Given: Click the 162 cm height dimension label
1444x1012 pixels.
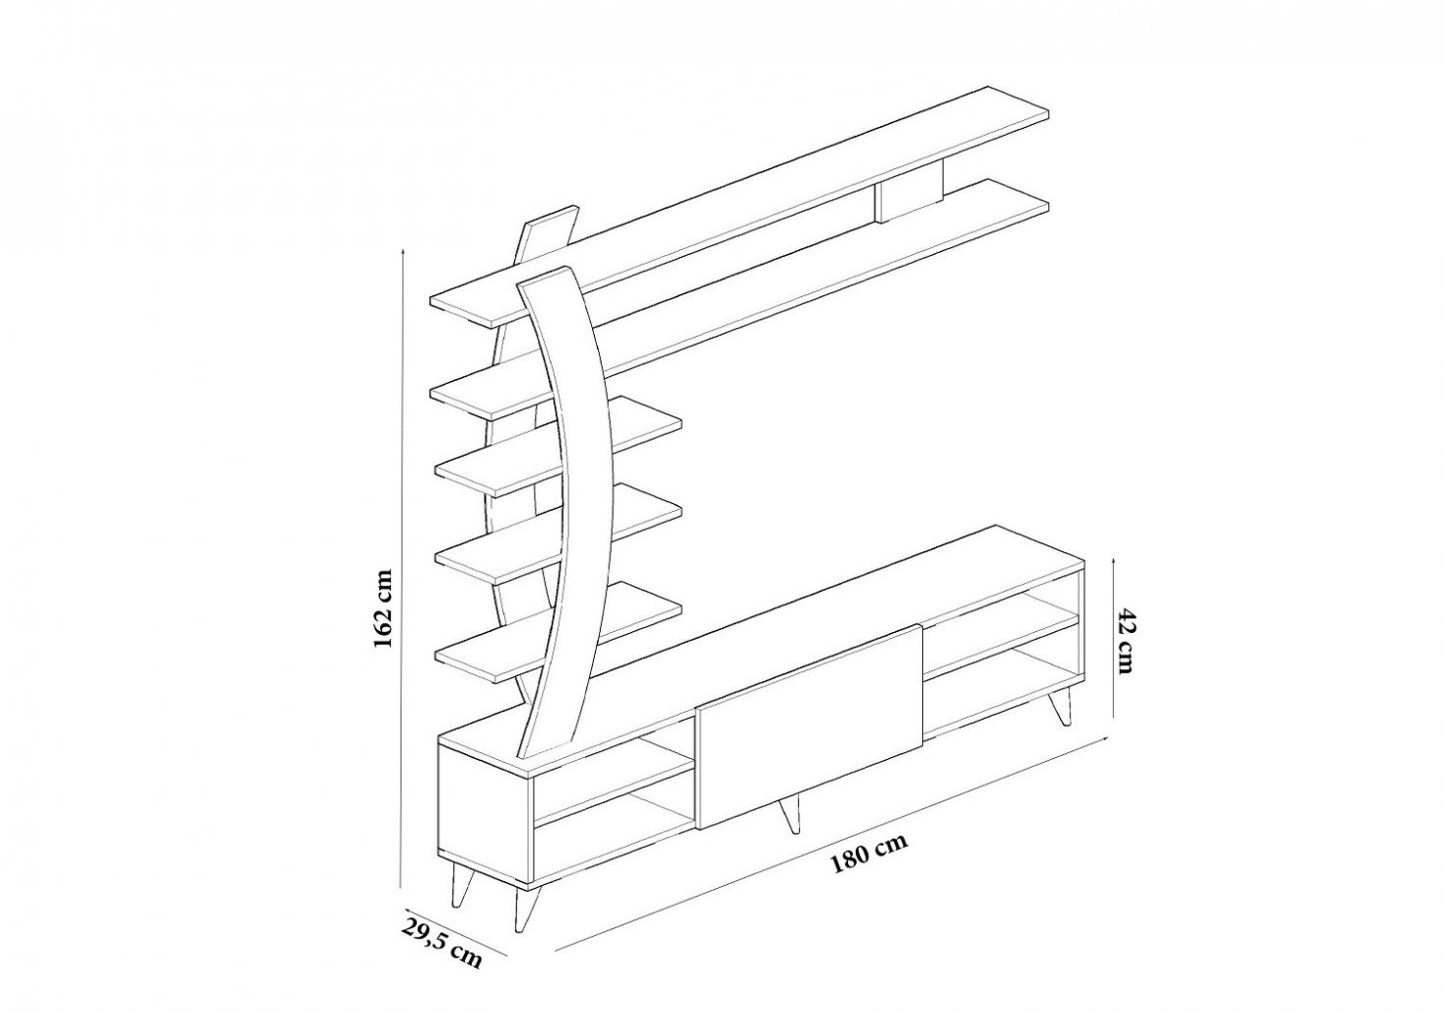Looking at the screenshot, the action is [x=383, y=608].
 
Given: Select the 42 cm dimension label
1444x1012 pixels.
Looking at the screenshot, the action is [x=1126, y=640].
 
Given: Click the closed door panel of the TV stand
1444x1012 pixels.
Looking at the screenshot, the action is [x=810, y=726].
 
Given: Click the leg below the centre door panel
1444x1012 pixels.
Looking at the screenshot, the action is [x=789, y=813].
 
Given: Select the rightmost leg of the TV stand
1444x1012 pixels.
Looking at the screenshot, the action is [x=1060, y=706].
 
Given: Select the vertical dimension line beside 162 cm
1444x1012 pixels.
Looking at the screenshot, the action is [x=402, y=567].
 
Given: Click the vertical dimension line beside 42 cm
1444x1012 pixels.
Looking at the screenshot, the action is [x=1115, y=638].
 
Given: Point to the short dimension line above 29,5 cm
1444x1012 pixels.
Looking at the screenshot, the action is [x=457, y=931].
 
